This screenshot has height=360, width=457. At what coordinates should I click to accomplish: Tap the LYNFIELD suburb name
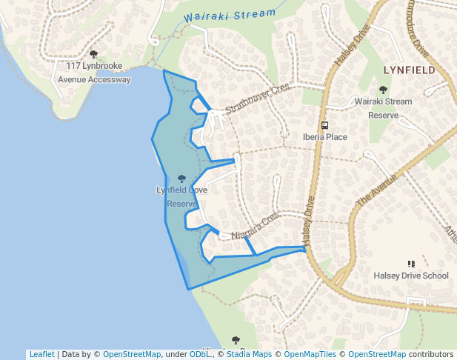coord(409,70)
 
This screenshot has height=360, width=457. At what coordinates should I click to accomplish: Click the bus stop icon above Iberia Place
coord(324,125)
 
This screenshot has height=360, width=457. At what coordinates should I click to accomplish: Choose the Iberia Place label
coord(324,137)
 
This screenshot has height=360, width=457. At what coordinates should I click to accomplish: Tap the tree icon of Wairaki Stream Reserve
coord(383,90)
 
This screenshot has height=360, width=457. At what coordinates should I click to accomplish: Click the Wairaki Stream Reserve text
coord(383,108)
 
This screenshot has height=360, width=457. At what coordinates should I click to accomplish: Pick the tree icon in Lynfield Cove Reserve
coord(181,178)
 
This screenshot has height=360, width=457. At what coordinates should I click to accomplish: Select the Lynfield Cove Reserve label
coord(181,196)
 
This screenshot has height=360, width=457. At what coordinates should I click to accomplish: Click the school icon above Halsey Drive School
coord(411,264)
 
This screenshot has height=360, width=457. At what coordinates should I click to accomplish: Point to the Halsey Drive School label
coord(411,276)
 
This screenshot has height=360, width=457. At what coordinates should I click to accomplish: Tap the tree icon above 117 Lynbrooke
coord(93,54)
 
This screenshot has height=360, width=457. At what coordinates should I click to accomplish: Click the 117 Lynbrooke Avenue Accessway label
coord(94,73)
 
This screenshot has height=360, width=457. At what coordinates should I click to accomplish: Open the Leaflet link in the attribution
coord(41,355)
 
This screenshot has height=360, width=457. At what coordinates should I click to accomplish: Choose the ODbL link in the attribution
coord(199,355)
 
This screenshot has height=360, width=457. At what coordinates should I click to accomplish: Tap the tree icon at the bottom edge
coord(236,340)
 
